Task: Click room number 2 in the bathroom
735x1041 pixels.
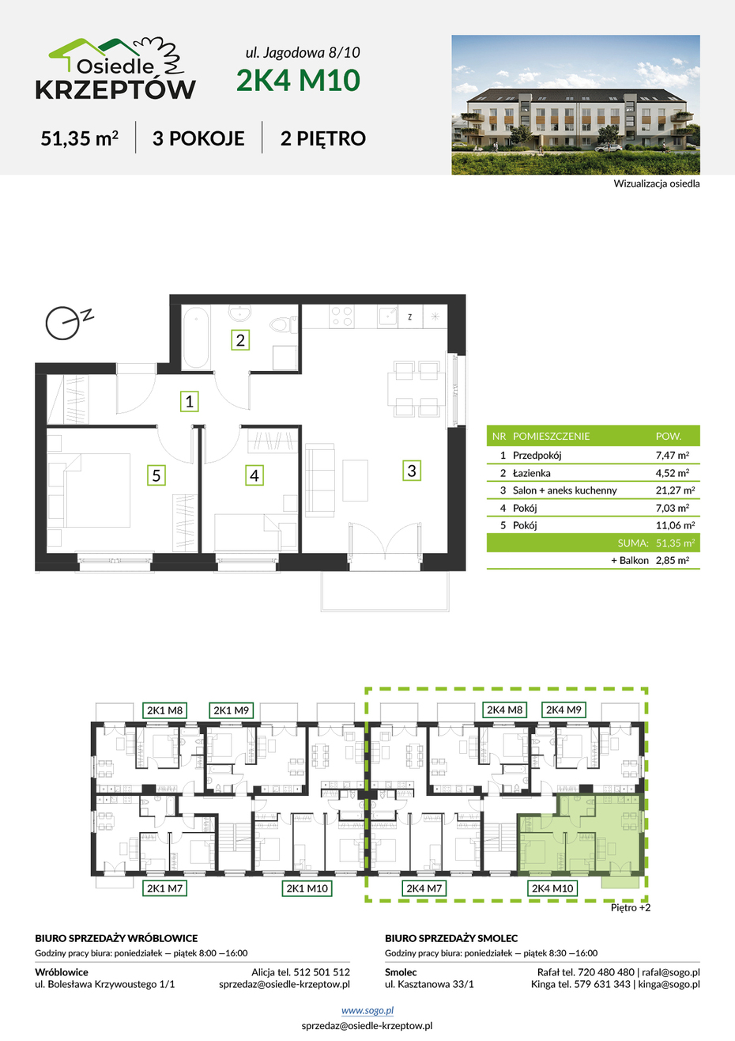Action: [x=240, y=339]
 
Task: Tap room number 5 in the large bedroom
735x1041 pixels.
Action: [x=156, y=475]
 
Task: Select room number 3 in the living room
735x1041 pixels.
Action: [x=412, y=471]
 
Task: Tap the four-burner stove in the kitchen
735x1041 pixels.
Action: [x=341, y=316]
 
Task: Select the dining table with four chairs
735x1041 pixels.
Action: [x=416, y=389]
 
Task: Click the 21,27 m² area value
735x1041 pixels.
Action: [x=675, y=490]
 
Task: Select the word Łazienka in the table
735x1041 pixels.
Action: [x=531, y=473]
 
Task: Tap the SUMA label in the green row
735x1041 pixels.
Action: [x=633, y=543]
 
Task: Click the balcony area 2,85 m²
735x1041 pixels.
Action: [x=672, y=560]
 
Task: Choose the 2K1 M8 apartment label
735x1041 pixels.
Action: [x=164, y=710]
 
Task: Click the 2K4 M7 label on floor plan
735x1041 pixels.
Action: [x=424, y=888]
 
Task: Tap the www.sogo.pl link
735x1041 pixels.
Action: [x=367, y=1010]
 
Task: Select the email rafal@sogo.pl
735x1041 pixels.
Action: [x=671, y=972]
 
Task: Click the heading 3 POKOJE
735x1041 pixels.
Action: [x=198, y=138]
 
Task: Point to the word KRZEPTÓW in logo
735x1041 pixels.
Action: [x=115, y=89]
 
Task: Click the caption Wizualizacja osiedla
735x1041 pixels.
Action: [x=657, y=184]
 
